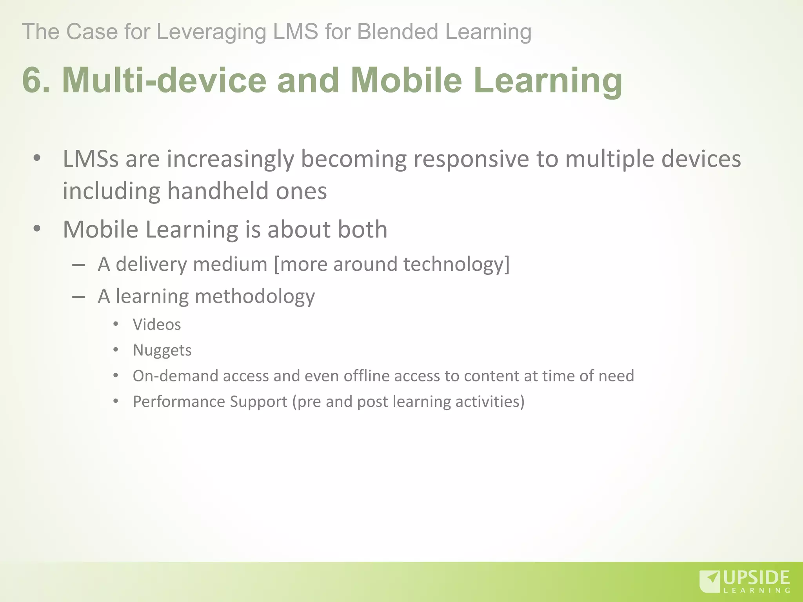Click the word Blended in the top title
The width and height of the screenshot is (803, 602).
(x=397, y=32)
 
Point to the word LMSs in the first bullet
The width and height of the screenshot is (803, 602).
(x=91, y=160)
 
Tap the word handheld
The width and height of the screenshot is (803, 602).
(x=218, y=191)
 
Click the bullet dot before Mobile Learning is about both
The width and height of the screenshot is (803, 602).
(x=37, y=229)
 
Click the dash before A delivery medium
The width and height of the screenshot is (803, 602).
(x=79, y=265)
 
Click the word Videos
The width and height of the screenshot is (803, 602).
(x=157, y=325)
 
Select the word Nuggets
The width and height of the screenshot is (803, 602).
(x=162, y=350)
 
